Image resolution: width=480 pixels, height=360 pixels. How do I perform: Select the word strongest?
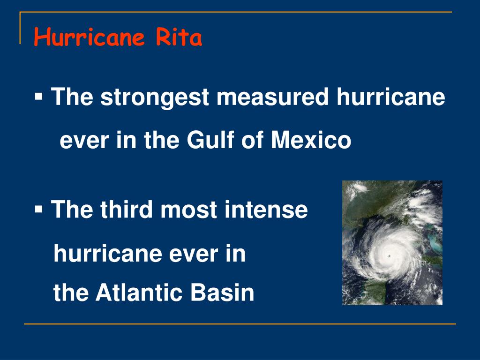coord(156,98)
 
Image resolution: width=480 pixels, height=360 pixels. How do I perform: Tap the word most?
coord(189,210)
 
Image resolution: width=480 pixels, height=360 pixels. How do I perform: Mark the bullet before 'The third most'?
coord(38,210)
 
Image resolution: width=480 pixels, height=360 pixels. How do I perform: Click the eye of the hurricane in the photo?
coord(390,256)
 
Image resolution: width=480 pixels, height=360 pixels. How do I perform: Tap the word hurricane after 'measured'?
coord(390,97)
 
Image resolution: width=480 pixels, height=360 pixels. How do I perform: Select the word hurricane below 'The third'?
coord(106,255)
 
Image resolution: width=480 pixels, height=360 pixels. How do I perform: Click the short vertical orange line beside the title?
coord(20,28)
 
